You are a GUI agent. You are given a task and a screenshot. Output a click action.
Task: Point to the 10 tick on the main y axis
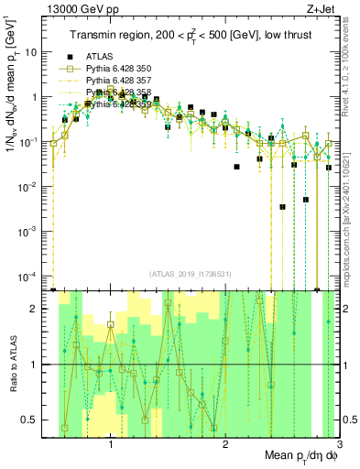point(32,52)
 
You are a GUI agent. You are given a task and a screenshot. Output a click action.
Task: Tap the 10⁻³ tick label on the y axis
point(29,232)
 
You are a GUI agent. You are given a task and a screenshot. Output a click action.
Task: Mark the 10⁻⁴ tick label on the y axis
point(29,277)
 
